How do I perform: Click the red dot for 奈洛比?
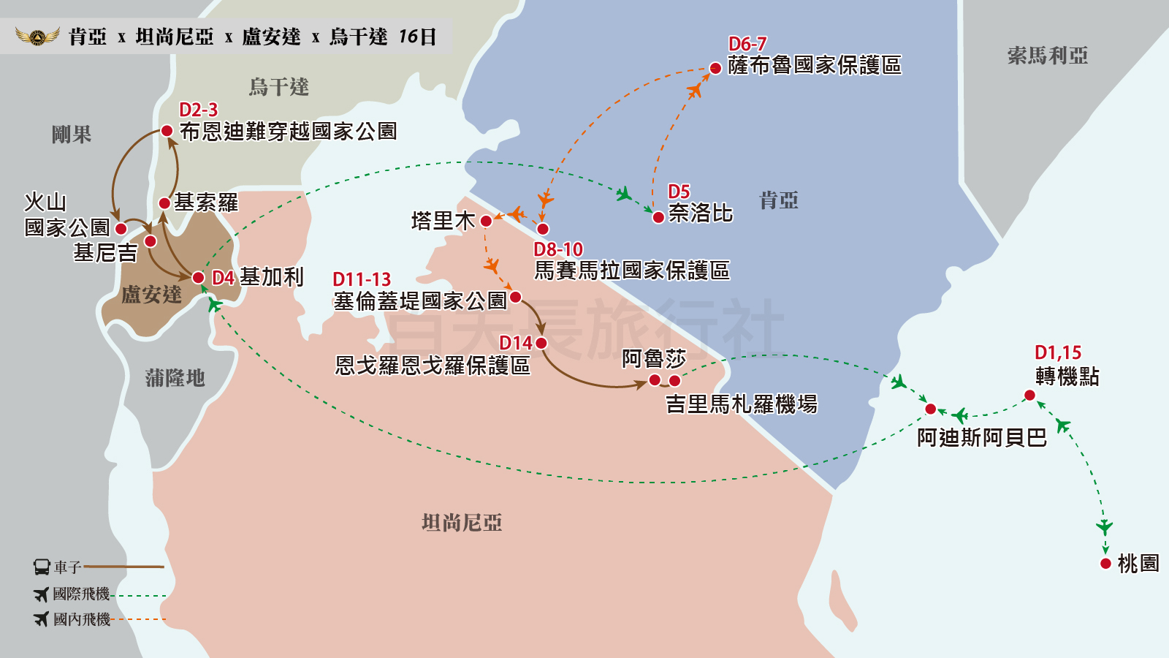point(658,217)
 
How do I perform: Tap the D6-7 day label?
point(747,44)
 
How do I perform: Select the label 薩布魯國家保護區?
point(814,66)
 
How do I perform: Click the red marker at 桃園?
point(1105,564)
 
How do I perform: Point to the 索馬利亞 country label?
point(1047,56)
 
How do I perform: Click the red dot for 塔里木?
point(486,221)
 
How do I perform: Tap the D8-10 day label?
point(558,249)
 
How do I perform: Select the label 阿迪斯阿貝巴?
point(981,437)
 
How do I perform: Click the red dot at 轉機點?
point(1029,396)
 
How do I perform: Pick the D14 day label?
point(515,343)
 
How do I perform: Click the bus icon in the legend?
point(42,567)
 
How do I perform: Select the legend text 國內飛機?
point(82,619)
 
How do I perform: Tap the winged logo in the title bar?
point(38,36)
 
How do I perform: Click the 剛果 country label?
point(72,135)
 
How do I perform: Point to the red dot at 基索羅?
point(164,203)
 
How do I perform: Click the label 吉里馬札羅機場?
point(741,404)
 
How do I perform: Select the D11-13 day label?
point(362,279)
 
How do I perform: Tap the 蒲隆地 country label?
point(175,378)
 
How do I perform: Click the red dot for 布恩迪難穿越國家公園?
point(167,131)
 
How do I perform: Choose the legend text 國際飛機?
point(81,594)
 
